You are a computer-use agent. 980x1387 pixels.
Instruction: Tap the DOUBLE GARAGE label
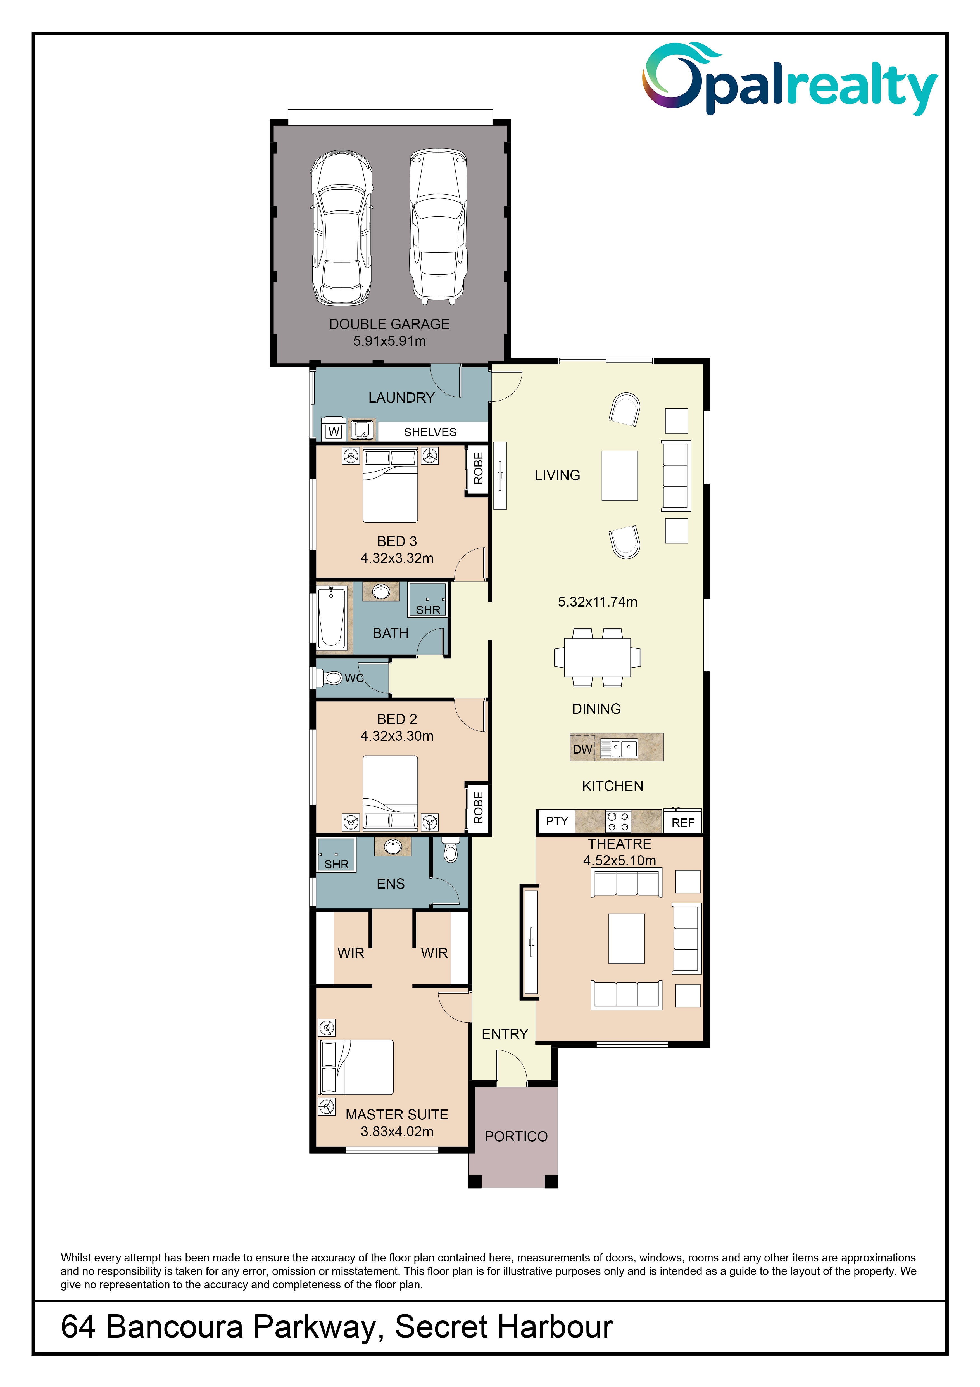(x=389, y=325)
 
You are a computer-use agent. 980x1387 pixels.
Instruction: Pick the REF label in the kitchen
(x=682, y=823)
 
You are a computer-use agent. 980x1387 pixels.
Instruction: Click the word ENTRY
(x=505, y=1034)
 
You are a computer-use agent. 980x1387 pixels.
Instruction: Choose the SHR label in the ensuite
(x=336, y=865)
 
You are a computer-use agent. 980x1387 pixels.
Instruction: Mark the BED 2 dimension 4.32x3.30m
(x=397, y=736)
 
